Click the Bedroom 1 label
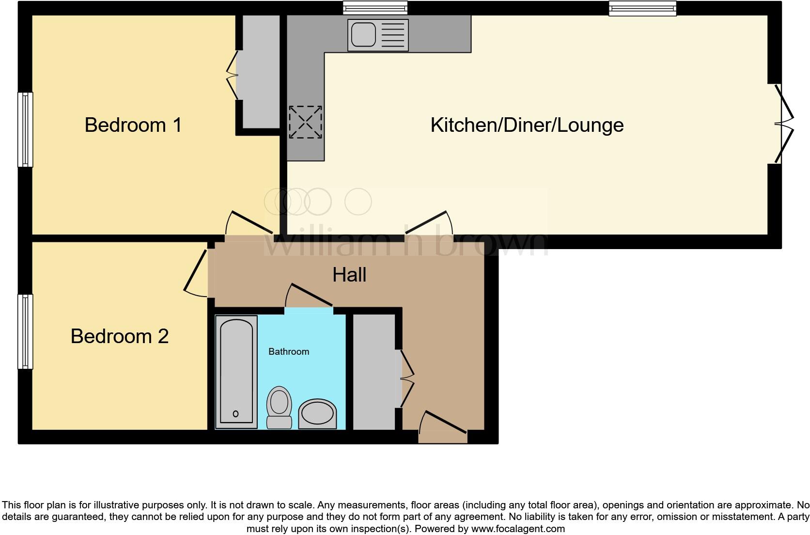coord(133,125)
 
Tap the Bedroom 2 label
coord(120,336)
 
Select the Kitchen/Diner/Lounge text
coord(527,125)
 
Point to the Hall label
coord(349,275)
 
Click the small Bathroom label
coord(289,352)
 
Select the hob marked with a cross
coord(305,122)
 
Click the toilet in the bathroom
coord(279,406)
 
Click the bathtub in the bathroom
coord(236,371)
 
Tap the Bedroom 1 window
coord(25,129)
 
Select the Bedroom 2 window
coord(25,331)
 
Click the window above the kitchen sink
coord(375,8)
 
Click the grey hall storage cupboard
coord(374,372)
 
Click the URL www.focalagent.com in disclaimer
coord(518,529)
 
